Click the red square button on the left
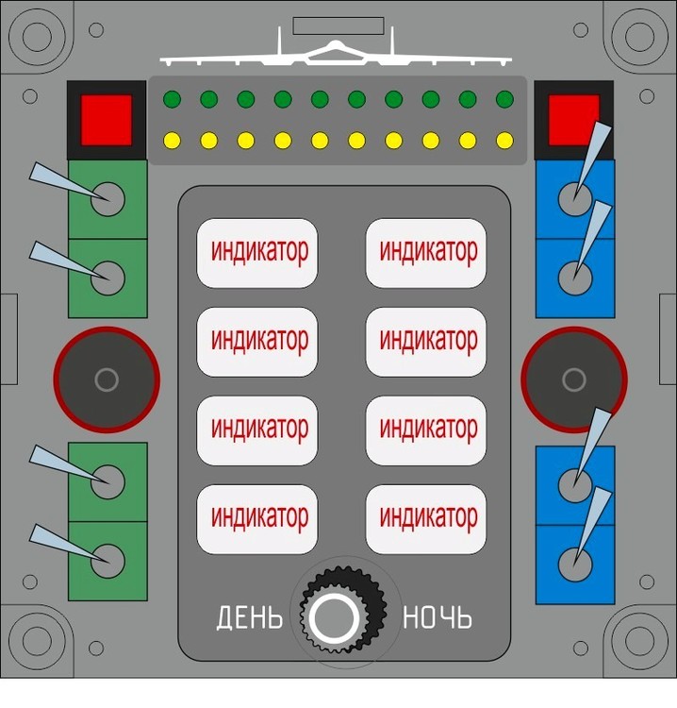[x=107, y=120]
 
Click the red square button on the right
[x=573, y=120]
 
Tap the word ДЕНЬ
[x=250, y=617]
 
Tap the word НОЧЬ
[x=438, y=617]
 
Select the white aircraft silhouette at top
[x=336, y=53]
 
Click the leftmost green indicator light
[x=172, y=99]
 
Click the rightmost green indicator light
[x=504, y=99]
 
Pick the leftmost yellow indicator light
[x=172, y=141]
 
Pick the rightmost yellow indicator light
[x=504, y=141]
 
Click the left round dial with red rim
[x=107, y=379]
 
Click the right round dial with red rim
[x=574, y=379]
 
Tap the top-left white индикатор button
[x=257, y=253]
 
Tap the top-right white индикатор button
[x=426, y=253]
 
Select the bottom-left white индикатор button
[x=257, y=519]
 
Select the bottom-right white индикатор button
[x=426, y=519]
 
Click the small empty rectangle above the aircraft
[x=338, y=25]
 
